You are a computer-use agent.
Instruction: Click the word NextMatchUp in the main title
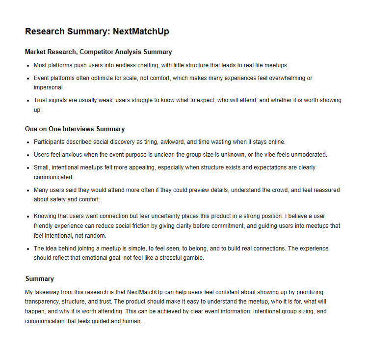coord(141,31)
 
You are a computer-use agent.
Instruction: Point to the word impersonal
coord(49,87)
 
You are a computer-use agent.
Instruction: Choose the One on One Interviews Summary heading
coord(75,129)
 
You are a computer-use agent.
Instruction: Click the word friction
coord(160,226)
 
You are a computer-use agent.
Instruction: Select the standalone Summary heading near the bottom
coord(39,278)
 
